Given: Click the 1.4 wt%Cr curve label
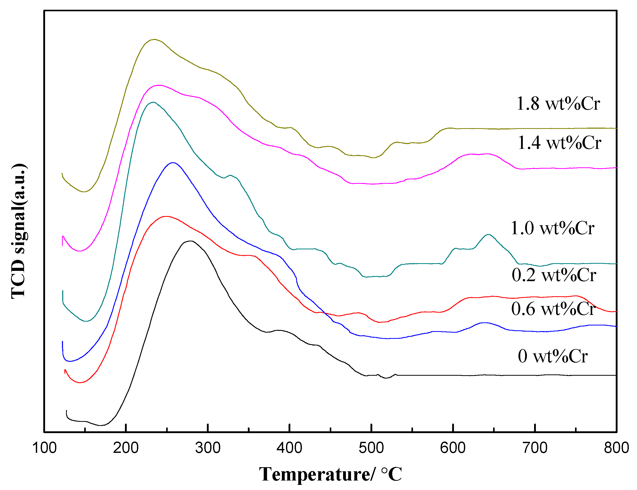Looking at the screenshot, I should (x=559, y=143).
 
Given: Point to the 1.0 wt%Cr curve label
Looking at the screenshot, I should (x=552, y=228).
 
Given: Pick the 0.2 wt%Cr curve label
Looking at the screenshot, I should (x=554, y=275).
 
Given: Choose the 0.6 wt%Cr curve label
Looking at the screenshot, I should (x=553, y=309).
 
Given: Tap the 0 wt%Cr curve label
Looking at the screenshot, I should (x=553, y=356).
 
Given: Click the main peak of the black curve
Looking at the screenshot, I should (x=190, y=241).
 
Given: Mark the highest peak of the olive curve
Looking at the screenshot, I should (x=154, y=39).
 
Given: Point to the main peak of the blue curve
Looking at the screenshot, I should (x=173, y=162).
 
